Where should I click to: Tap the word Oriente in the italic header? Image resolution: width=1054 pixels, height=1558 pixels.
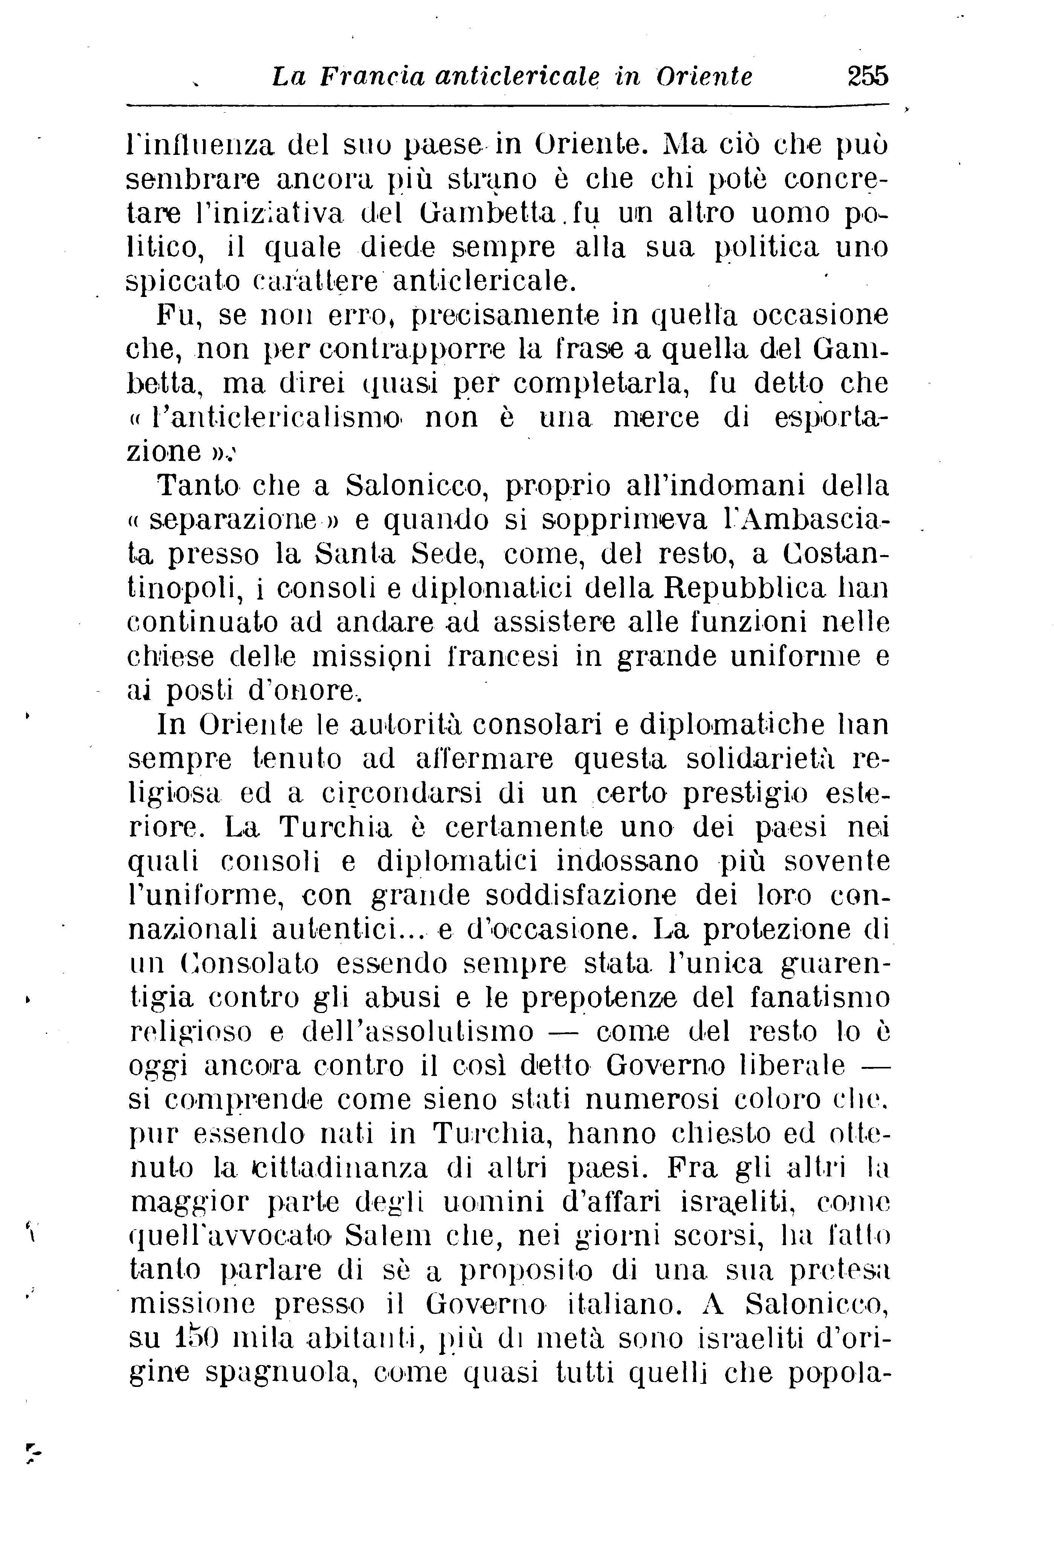click(x=704, y=76)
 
